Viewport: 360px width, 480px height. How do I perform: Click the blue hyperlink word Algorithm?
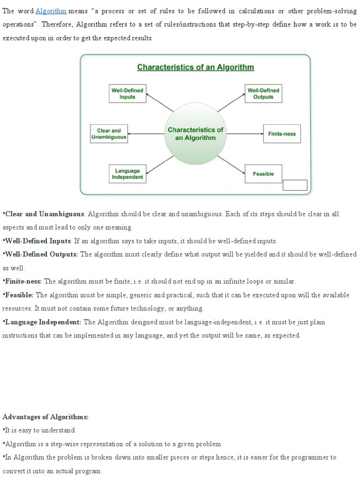click(51, 11)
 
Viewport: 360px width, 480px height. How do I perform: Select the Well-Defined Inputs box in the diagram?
click(127, 94)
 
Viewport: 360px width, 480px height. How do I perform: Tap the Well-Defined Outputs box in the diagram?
click(263, 94)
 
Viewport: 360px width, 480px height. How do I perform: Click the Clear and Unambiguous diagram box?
click(109, 134)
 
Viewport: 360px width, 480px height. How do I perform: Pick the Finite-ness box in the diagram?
click(282, 134)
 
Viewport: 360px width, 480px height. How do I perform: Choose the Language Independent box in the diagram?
click(127, 174)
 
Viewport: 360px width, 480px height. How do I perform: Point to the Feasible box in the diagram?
click(263, 174)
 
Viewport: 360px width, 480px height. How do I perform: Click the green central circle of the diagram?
click(195, 134)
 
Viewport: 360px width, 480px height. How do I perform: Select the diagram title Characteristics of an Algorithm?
click(195, 67)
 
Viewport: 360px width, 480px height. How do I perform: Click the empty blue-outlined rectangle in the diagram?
click(295, 185)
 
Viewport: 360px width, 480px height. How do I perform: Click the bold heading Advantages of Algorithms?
click(45, 417)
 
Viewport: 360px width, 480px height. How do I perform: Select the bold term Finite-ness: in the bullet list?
click(22, 281)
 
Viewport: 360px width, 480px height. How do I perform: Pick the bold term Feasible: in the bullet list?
click(18, 295)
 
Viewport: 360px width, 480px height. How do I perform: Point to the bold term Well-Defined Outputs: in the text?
click(41, 254)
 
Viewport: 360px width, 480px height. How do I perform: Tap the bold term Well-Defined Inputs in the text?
click(37, 241)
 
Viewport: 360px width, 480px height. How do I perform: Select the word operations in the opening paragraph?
click(17, 25)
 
